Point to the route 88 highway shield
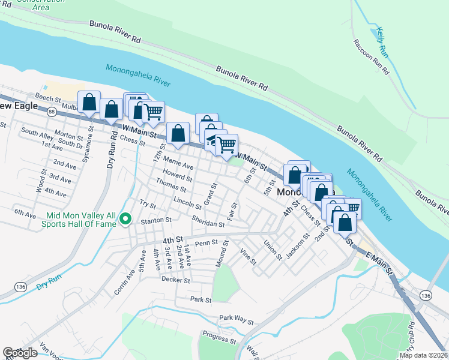[52, 112]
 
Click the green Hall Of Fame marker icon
[125, 220]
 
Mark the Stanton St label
[156, 221]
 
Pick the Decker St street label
[175, 280]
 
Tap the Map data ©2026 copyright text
[423, 355]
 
